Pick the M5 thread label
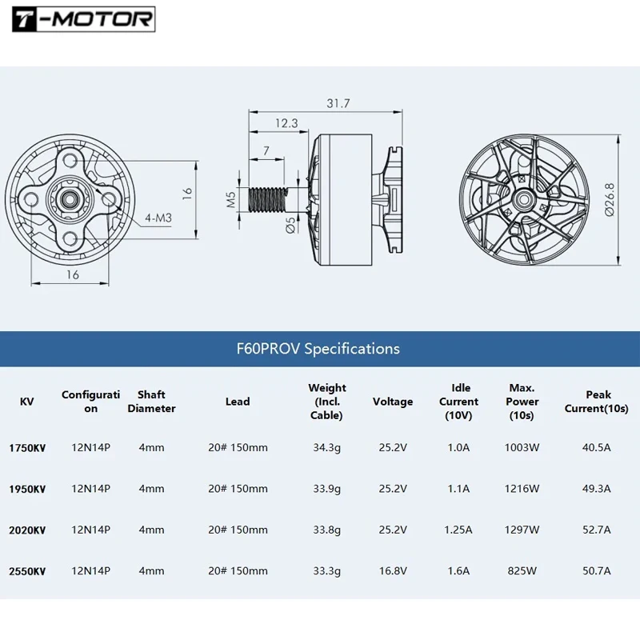tap(231, 199)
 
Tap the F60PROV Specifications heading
tap(318, 349)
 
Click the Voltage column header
tap(393, 402)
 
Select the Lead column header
tap(238, 402)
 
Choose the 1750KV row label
tap(27, 448)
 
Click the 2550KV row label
tap(27, 571)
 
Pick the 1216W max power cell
tap(522, 489)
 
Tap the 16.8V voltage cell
tap(393, 571)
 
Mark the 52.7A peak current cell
tap(596, 530)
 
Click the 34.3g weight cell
tap(326, 448)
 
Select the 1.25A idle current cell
tap(458, 530)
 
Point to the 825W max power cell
tap(522, 571)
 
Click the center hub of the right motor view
tap(525, 198)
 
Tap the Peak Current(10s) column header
tap(596, 402)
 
